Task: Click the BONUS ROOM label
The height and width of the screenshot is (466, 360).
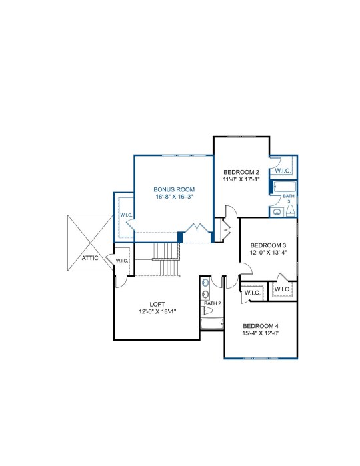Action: (x=174, y=189)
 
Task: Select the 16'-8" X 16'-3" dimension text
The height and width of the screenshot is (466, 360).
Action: (x=175, y=197)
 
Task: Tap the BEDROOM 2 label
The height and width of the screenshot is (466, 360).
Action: (x=241, y=172)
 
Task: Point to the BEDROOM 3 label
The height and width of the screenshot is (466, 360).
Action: (x=268, y=245)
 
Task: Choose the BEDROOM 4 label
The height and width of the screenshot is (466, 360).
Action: (x=261, y=326)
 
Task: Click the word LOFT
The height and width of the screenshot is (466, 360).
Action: (x=157, y=304)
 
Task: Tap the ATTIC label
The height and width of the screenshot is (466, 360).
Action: (x=90, y=258)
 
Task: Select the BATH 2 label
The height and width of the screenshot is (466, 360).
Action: (x=212, y=303)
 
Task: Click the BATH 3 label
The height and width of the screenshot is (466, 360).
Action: (x=289, y=199)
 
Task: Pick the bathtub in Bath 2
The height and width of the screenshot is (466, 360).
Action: (x=212, y=323)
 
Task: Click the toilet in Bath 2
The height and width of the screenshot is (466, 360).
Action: (x=207, y=311)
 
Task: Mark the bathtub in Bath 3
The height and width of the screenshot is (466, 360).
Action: (x=285, y=187)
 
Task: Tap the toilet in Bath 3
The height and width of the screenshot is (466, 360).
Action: (x=290, y=211)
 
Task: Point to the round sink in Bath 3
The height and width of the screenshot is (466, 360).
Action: (x=277, y=212)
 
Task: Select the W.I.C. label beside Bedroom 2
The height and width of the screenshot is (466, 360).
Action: (x=283, y=171)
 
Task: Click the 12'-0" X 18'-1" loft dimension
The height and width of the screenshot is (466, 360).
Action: (x=157, y=311)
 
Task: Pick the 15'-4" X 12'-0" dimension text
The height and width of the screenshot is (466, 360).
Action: (x=261, y=333)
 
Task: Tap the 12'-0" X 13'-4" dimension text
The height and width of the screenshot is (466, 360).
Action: (x=268, y=253)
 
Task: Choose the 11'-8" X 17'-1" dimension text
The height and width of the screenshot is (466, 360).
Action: (x=241, y=179)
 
